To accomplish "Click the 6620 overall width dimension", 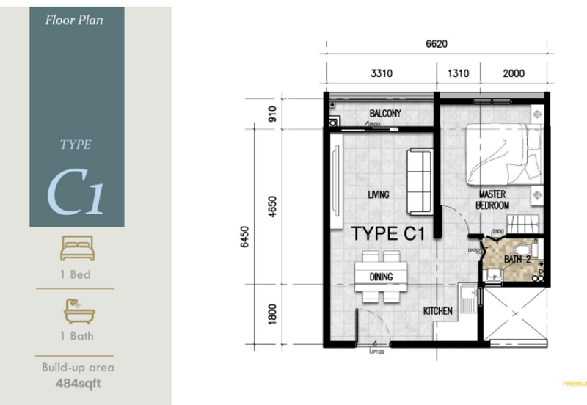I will pyautogui.click(x=436, y=44).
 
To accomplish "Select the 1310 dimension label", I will pyautogui.click(x=458, y=73).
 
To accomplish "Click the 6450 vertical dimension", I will pyautogui.click(x=245, y=236).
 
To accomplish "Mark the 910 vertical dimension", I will pyautogui.click(x=273, y=114).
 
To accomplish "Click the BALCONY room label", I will pyautogui.click(x=384, y=113).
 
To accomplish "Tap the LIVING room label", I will pyautogui.click(x=379, y=194).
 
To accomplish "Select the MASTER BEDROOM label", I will pyautogui.click(x=493, y=200).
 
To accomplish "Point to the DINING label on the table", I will pyautogui.click(x=381, y=277).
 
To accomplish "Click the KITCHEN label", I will pyautogui.click(x=437, y=311).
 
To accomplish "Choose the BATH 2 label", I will pyautogui.click(x=517, y=259).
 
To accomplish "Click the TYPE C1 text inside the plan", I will pyautogui.click(x=388, y=234).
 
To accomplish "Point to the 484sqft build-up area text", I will pyautogui.click(x=78, y=382).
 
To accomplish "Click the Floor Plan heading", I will pyautogui.click(x=74, y=21).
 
